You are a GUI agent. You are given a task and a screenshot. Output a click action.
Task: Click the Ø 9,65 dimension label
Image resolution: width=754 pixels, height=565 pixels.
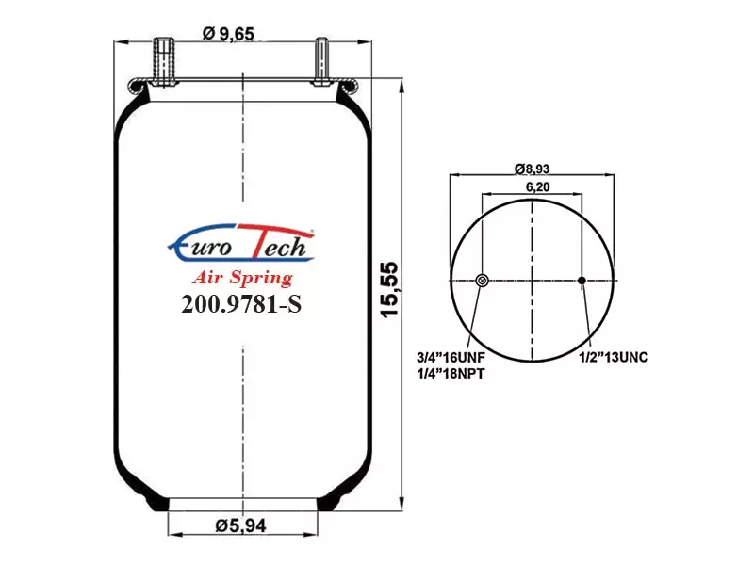(228, 34)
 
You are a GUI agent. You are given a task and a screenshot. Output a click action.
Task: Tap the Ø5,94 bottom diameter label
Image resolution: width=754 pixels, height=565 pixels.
(240, 525)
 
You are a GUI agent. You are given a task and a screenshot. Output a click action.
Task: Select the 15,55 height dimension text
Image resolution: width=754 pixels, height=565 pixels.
(389, 289)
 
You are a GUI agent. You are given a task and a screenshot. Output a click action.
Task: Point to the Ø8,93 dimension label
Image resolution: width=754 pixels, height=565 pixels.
(532, 169)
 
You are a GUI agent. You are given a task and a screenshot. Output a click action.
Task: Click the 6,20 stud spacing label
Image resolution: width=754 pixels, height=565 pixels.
(537, 186)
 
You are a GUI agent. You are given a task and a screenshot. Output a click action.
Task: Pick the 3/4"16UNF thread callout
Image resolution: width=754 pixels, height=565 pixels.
(451, 358)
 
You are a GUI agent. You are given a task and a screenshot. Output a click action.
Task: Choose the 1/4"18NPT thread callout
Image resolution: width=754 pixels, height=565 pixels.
(451, 373)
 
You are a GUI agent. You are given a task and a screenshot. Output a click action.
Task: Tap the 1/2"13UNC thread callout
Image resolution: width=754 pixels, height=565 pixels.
(614, 358)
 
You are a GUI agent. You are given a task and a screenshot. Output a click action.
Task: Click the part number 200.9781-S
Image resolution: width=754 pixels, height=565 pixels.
(241, 303)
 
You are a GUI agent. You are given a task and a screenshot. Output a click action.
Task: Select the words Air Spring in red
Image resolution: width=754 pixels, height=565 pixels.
(243, 278)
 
